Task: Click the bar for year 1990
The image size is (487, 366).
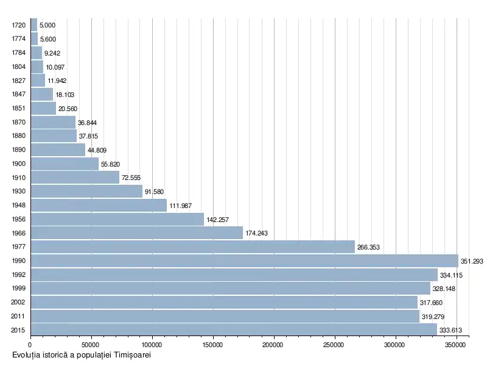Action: pyautogui.click(x=243, y=260)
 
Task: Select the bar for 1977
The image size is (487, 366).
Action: pyautogui.click(x=192, y=246)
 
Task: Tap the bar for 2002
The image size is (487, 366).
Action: pyautogui.click(x=223, y=302)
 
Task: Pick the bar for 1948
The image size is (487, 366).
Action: pyautogui.click(x=98, y=206)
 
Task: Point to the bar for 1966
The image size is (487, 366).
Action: pyautogui.click(x=136, y=233)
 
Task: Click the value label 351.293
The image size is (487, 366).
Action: pyautogui.click(x=472, y=261)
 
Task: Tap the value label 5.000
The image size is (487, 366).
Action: pyautogui.click(x=47, y=26)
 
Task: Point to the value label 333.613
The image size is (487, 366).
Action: pyautogui.click(x=451, y=330)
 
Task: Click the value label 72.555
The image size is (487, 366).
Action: pyautogui.click(x=131, y=178)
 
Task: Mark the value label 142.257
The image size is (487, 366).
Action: pyautogui.click(x=217, y=220)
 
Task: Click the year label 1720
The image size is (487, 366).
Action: pyautogui.click(x=18, y=26)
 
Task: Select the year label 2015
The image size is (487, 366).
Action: pyautogui.click(x=18, y=330)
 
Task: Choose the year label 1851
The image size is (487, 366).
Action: pyautogui.click(x=18, y=109)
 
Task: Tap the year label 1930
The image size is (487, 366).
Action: pyautogui.click(x=18, y=192)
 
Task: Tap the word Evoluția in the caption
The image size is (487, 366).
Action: pyautogui.click(x=26, y=355)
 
